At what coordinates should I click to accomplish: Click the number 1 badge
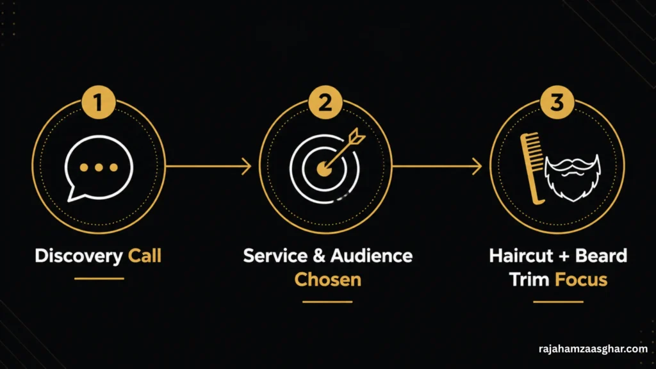[98, 102]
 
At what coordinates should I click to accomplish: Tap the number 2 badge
[325, 102]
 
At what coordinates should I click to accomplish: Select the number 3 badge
[557, 102]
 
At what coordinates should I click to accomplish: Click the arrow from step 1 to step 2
[208, 167]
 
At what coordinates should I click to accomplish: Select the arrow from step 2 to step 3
[437, 167]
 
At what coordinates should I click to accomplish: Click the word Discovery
[79, 256]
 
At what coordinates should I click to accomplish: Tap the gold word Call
[145, 256]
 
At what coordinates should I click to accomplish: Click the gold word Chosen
[327, 279]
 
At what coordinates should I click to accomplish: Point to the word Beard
[601, 256]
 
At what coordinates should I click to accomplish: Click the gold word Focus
[581, 279]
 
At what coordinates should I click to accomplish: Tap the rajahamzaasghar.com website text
[593, 348]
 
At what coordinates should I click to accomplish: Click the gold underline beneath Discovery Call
[99, 278]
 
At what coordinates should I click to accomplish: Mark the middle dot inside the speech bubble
[99, 168]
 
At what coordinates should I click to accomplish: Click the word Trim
[529, 279]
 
